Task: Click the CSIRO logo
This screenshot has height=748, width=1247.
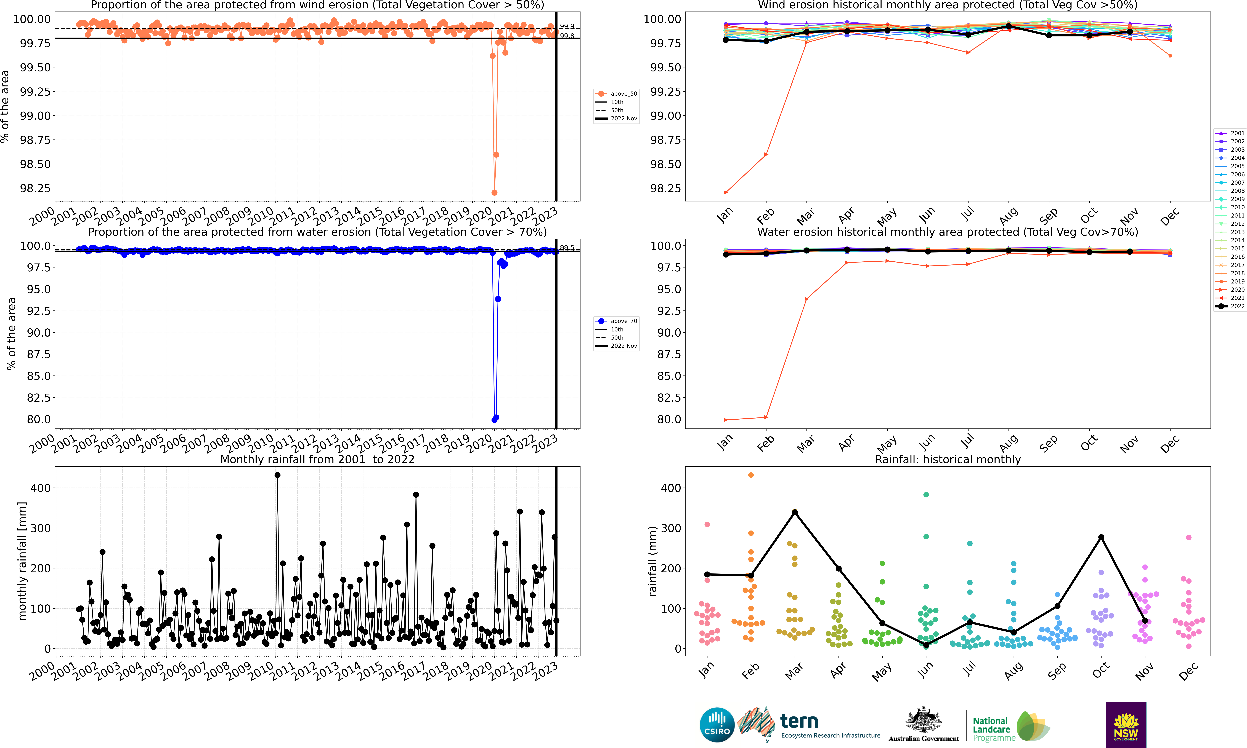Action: (x=717, y=725)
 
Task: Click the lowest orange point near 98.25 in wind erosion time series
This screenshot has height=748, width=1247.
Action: (x=494, y=193)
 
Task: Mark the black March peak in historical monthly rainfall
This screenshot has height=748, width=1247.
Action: (x=795, y=512)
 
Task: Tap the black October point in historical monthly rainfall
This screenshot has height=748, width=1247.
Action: (x=1101, y=537)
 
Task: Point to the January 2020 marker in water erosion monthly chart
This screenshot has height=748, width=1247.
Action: (x=726, y=420)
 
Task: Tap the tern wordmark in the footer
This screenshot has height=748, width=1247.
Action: (x=799, y=721)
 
